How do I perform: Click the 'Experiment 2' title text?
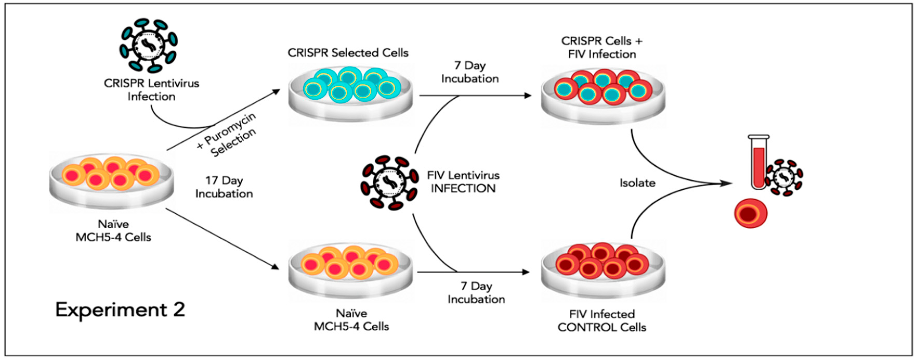(120, 310)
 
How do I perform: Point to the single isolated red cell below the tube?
(750, 213)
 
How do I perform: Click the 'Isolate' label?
(637, 183)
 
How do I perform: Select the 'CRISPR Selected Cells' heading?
(348, 53)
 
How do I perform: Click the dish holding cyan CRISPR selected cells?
(351, 93)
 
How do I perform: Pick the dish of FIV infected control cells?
(603, 271)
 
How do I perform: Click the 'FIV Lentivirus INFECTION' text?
(463, 182)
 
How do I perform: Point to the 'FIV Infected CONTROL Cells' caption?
(602, 320)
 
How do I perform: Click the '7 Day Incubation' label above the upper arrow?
(470, 72)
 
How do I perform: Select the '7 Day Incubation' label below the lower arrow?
(476, 292)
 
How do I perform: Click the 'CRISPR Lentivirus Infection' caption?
(151, 90)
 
